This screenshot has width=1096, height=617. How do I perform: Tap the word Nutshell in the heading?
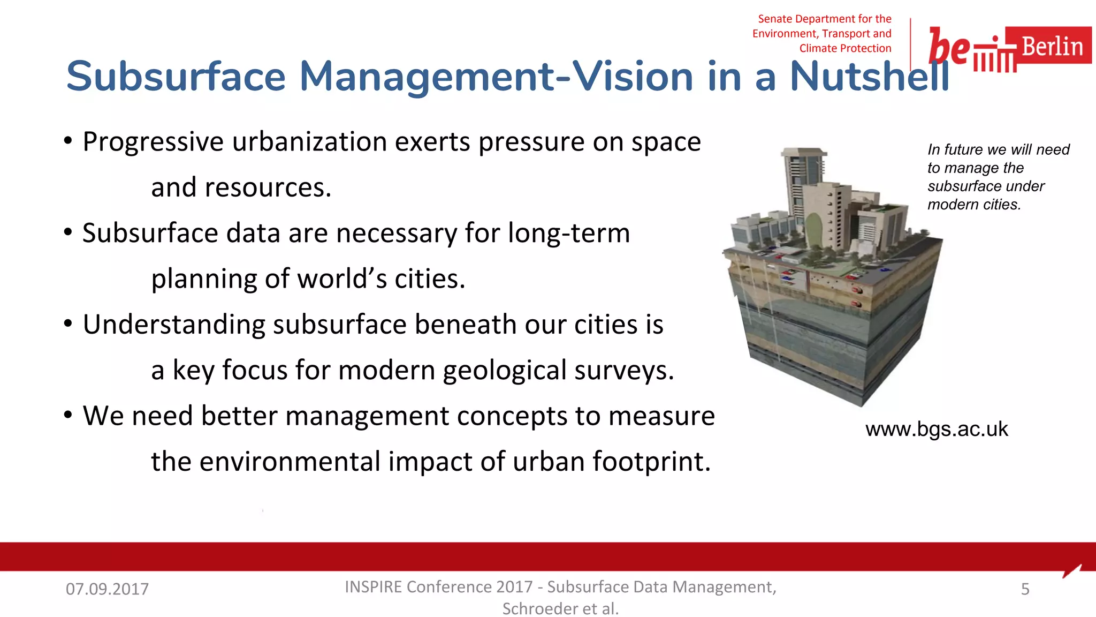click(x=869, y=77)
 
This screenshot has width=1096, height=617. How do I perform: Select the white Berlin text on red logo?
click(x=1052, y=47)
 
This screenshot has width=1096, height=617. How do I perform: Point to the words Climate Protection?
click(x=845, y=48)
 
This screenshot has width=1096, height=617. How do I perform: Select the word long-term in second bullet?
click(x=568, y=234)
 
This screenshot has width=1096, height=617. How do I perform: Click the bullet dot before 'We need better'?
click(x=68, y=415)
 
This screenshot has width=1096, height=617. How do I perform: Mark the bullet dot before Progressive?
click(x=68, y=141)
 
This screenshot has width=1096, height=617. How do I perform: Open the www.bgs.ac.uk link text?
click(x=937, y=429)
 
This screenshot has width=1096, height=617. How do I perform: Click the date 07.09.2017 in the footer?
click(x=107, y=589)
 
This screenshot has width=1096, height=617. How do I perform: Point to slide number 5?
click(x=1025, y=589)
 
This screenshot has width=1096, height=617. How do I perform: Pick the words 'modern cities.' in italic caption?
click(x=974, y=205)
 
